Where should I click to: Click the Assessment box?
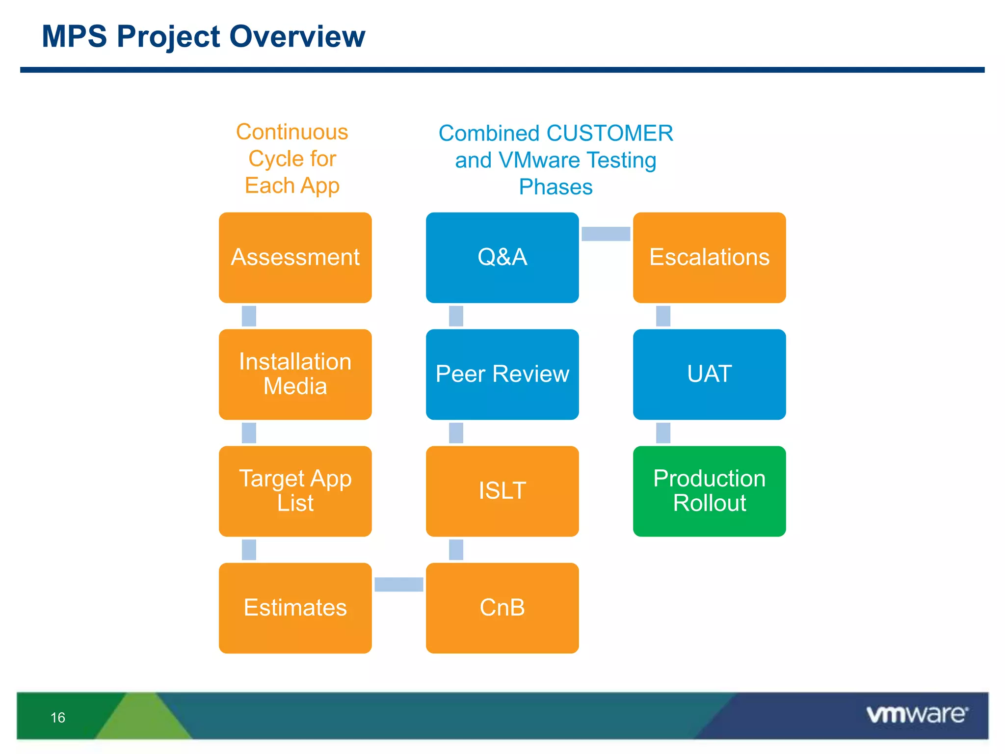point(295,257)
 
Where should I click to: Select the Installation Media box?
point(295,374)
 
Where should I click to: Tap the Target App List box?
point(295,491)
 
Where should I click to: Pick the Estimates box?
point(295,608)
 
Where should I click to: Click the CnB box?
point(502,608)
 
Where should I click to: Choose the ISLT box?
point(502,491)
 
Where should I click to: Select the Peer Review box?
point(502,374)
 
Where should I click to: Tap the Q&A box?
point(502,257)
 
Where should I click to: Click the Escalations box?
point(709,257)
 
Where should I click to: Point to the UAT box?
point(709,374)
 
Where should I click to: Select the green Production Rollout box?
point(709,491)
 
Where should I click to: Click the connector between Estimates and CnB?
point(398,584)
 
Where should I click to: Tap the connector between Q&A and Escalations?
point(606,234)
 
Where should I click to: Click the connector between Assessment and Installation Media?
point(249,316)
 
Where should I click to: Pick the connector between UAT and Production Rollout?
point(663,433)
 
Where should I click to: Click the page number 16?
point(58,718)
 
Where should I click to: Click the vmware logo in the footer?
point(917,715)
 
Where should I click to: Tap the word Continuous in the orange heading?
point(292,132)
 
